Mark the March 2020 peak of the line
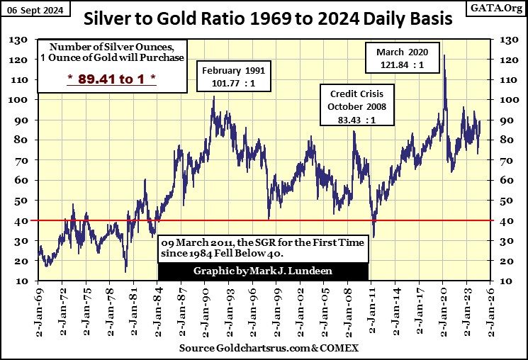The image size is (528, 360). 444,55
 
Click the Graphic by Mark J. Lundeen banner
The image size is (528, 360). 263,271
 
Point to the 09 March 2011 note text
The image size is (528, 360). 263,248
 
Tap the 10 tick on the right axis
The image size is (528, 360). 507,281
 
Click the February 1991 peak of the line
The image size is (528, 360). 213,96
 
